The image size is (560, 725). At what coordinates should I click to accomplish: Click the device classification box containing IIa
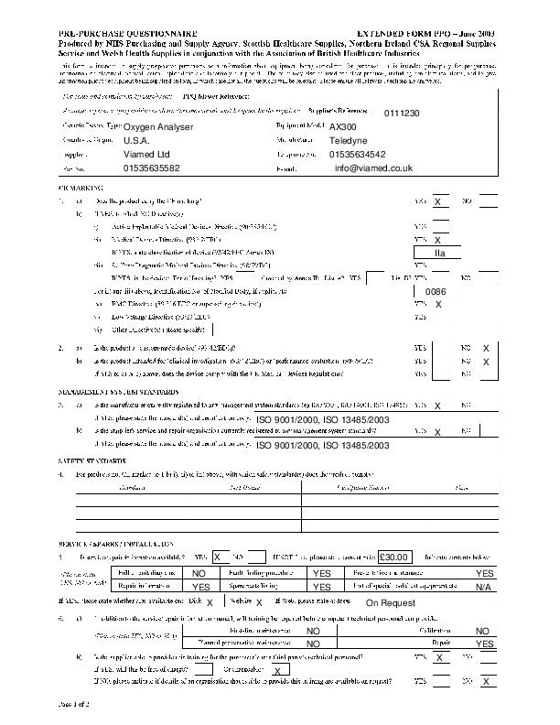pyautogui.click(x=440, y=251)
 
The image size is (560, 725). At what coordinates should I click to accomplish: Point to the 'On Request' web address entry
pyautogui.click(x=390, y=603)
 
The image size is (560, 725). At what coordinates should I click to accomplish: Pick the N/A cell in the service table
pyautogui.click(x=483, y=586)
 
